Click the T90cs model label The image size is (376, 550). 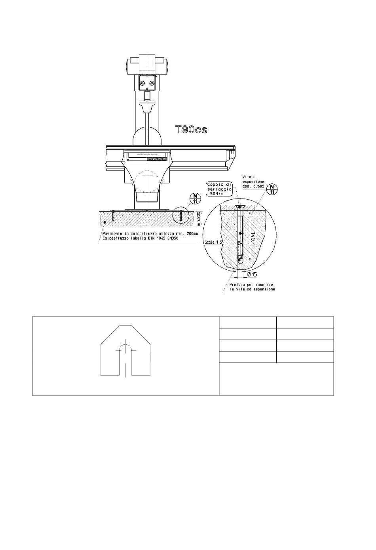(x=191, y=130)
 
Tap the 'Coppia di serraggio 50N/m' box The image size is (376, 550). (x=219, y=189)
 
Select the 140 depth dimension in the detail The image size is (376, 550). (x=253, y=236)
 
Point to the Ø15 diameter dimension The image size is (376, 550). (x=252, y=274)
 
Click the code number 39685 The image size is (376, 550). (x=259, y=186)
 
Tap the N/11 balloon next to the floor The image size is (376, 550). (x=195, y=199)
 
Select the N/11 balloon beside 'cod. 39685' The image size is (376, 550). (x=272, y=189)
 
